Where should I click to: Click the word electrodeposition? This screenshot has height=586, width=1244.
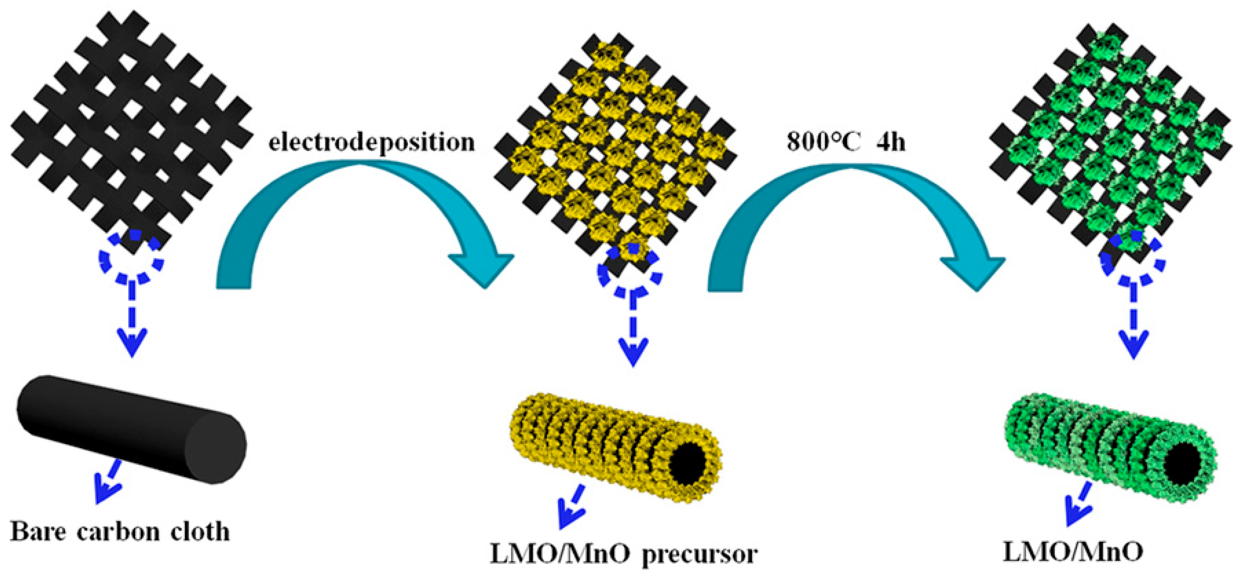coord(371,142)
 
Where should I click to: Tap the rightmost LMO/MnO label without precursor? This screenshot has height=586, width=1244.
coord(1072,551)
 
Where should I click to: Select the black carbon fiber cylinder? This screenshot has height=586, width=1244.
coord(130,429)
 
